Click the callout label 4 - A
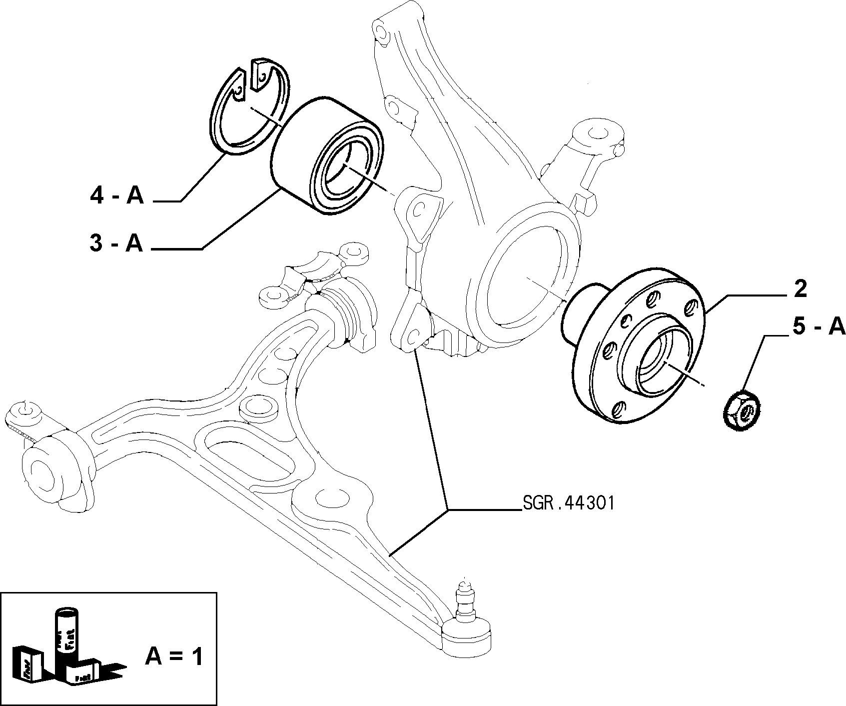116,195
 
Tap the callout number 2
800,289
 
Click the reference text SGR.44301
567,502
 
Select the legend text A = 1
174,655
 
